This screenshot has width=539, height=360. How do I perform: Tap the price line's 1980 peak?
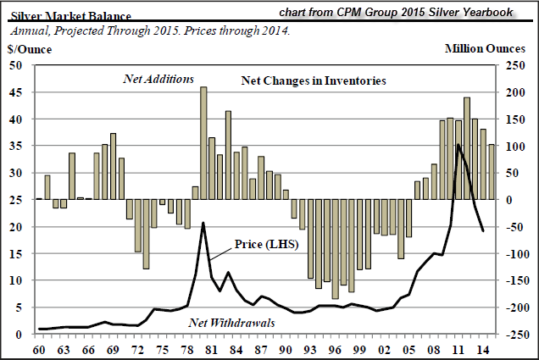click(203, 223)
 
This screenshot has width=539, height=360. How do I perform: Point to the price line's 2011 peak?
click(458, 145)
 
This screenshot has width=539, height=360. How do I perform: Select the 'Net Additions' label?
click(158, 79)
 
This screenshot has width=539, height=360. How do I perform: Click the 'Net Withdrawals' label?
click(219, 321)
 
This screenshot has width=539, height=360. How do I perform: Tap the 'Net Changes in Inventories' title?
click(313, 80)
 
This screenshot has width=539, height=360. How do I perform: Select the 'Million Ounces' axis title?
click(488, 49)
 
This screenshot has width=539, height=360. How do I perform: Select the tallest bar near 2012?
click(467, 148)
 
